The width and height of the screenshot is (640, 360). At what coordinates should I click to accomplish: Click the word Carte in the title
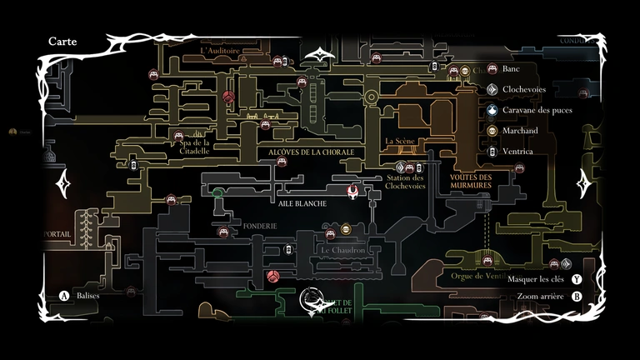(63, 40)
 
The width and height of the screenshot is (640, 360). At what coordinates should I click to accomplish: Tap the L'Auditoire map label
(221, 50)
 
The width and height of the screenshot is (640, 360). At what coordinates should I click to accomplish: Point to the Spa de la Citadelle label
(187, 141)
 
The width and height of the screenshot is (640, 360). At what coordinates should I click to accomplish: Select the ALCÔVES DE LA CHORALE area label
(311, 152)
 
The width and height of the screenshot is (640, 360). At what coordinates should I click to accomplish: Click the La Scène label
(400, 142)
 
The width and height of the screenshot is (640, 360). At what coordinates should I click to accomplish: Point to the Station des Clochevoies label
(406, 182)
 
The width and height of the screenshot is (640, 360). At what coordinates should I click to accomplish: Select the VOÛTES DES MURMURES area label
(470, 182)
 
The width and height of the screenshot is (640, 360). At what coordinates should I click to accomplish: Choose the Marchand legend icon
(492, 131)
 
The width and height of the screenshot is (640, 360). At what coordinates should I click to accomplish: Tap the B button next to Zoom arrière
(576, 296)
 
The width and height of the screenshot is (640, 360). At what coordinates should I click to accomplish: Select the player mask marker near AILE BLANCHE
(353, 192)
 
